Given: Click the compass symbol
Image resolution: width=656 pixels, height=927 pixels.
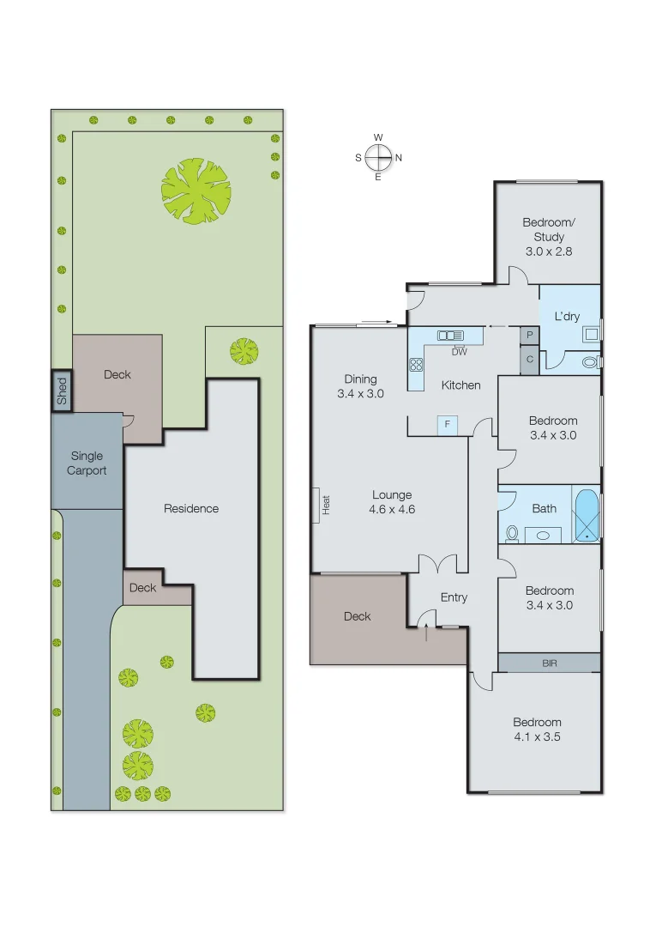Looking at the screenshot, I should tap(378, 157).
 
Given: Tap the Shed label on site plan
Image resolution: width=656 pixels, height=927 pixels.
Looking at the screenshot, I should tap(62, 391).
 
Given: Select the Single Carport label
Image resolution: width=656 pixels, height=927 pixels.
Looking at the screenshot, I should tap(87, 463).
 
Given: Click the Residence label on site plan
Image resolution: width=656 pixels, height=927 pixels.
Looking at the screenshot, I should tap(191, 508).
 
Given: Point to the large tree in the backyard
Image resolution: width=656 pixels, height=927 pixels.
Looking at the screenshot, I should tap(196, 191).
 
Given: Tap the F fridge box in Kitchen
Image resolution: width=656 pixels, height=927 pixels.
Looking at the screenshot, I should tap(447, 424).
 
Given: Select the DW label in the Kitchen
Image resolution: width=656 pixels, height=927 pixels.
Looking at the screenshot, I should tap(459, 352).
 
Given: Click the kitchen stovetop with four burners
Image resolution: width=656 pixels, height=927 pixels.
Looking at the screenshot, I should tap(417, 364).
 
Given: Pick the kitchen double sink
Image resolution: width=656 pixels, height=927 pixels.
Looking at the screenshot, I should tap(450, 336).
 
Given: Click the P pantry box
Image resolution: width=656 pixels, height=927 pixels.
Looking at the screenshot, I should tap(529, 336).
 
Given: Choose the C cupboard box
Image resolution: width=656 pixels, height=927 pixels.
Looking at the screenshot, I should tap(529, 360).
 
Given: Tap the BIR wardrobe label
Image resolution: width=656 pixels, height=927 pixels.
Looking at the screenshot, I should tap(549, 663).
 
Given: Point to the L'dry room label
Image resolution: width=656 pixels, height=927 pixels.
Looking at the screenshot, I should tap(567, 316).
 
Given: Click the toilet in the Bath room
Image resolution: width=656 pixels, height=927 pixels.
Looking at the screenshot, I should tap(512, 533).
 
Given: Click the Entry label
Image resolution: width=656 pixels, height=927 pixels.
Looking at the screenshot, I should tap(454, 597).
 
